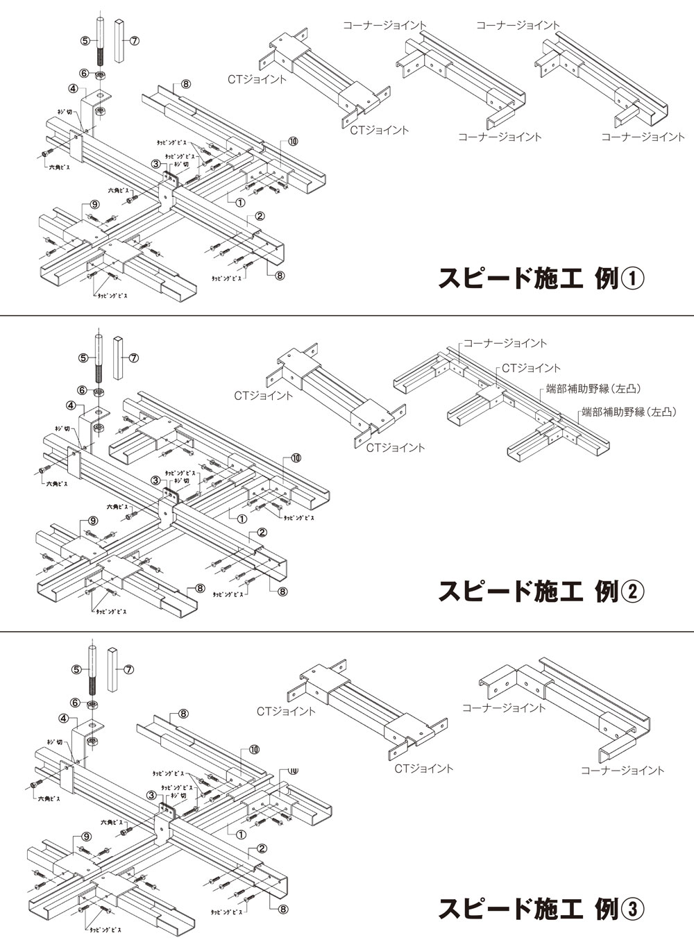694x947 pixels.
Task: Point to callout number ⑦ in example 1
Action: click(x=135, y=41)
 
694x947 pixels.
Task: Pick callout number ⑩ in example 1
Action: click(x=292, y=141)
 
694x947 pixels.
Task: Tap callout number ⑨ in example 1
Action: click(x=94, y=205)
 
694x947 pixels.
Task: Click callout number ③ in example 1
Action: click(x=157, y=165)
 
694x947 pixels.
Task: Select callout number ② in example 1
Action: click(x=260, y=216)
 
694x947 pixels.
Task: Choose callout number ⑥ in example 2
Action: click(x=83, y=391)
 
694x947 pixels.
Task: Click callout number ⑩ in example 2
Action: click(x=296, y=458)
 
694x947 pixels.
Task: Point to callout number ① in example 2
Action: click(x=242, y=519)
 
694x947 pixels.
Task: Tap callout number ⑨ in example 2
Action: click(x=93, y=521)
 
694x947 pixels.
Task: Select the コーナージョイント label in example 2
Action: click(x=505, y=343)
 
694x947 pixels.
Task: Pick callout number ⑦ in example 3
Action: click(x=128, y=670)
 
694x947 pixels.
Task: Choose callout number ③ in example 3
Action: click(x=151, y=796)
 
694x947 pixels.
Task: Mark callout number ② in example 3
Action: click(x=262, y=848)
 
